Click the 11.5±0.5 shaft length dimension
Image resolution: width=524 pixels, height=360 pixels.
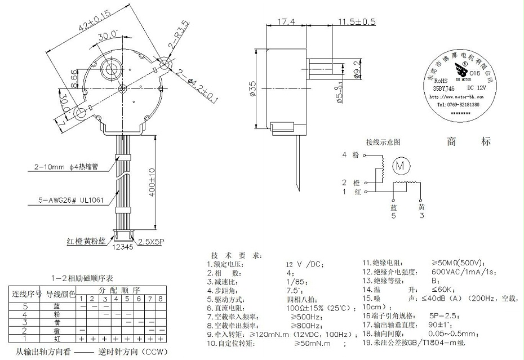click(356, 21)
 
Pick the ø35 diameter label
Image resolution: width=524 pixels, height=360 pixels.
click(251, 89)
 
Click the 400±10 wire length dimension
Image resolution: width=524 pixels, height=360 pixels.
click(152, 184)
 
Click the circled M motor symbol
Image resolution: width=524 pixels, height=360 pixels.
click(401, 166)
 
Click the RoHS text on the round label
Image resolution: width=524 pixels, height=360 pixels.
click(442, 81)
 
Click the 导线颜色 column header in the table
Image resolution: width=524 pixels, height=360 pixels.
click(60, 294)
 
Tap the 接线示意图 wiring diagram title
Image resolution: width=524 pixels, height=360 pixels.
click(383, 141)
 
